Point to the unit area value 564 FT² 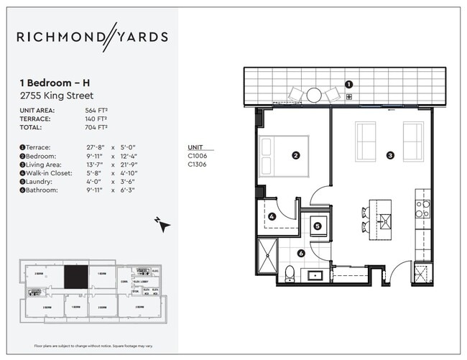point(96,110)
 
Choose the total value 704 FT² point(96,127)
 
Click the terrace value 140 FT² point(96,119)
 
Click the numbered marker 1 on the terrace point(348,83)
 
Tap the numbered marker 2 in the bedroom point(295,154)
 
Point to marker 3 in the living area point(390,154)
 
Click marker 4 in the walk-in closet point(272,216)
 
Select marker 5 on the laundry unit point(317,225)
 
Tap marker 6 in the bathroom point(301,252)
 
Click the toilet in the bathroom point(289,272)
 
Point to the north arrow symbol point(165,224)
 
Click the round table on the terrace point(314,95)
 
